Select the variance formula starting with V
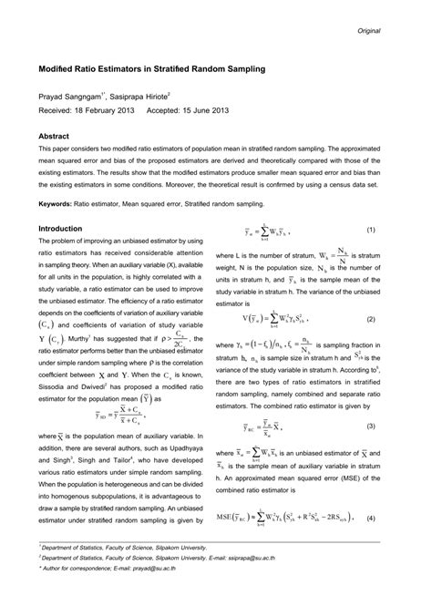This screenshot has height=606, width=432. [x=282, y=319]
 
